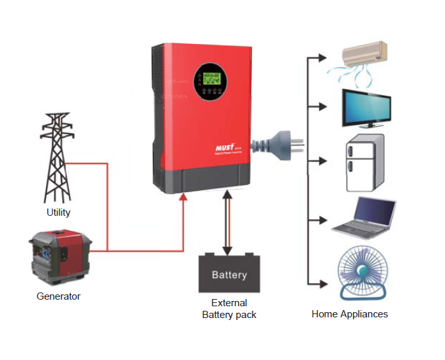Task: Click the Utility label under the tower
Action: click(x=58, y=212)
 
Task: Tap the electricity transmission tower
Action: click(x=57, y=157)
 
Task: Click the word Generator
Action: click(x=58, y=296)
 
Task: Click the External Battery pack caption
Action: click(x=229, y=309)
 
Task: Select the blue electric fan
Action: click(x=362, y=273)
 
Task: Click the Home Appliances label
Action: click(x=349, y=314)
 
